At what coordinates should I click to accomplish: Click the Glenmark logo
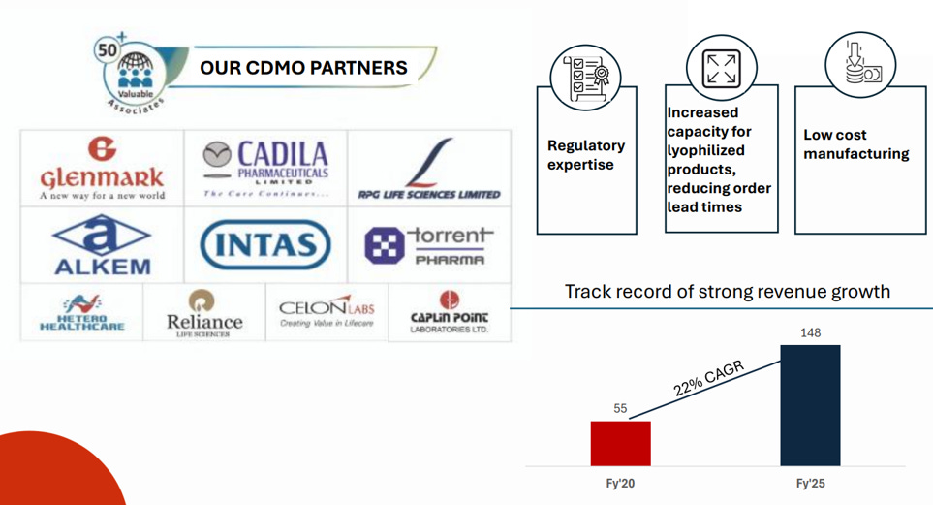tap(102, 169)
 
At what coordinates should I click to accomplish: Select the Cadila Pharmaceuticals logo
tap(265, 168)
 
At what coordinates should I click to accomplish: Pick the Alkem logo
tap(102, 244)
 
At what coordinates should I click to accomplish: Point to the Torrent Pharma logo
tap(429, 246)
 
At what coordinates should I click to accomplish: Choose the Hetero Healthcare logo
tap(81, 312)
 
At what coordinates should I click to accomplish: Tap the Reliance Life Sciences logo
tap(204, 312)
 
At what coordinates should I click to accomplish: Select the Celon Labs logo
tap(327, 312)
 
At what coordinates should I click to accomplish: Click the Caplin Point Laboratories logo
tap(449, 312)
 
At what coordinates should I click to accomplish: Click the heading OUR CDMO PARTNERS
tap(303, 68)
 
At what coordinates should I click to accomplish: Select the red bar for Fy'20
tap(620, 443)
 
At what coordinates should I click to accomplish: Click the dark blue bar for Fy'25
tap(810, 405)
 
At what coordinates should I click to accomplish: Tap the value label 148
tap(810, 333)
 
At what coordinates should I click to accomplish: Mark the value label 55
tap(620, 409)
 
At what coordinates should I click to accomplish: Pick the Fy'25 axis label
tap(810, 483)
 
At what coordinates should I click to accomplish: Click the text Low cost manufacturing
tap(855, 144)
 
